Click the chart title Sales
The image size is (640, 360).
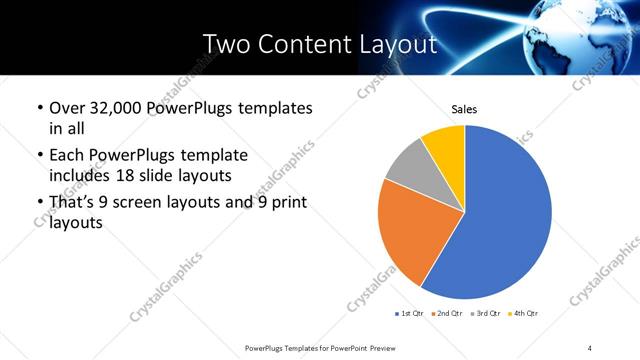(464, 109)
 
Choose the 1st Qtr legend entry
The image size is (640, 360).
(410, 314)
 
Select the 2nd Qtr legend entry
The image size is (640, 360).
(446, 314)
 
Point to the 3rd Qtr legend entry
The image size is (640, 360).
(483, 314)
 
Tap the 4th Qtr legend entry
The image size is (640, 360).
(522, 314)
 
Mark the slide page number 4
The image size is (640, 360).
(590, 347)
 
